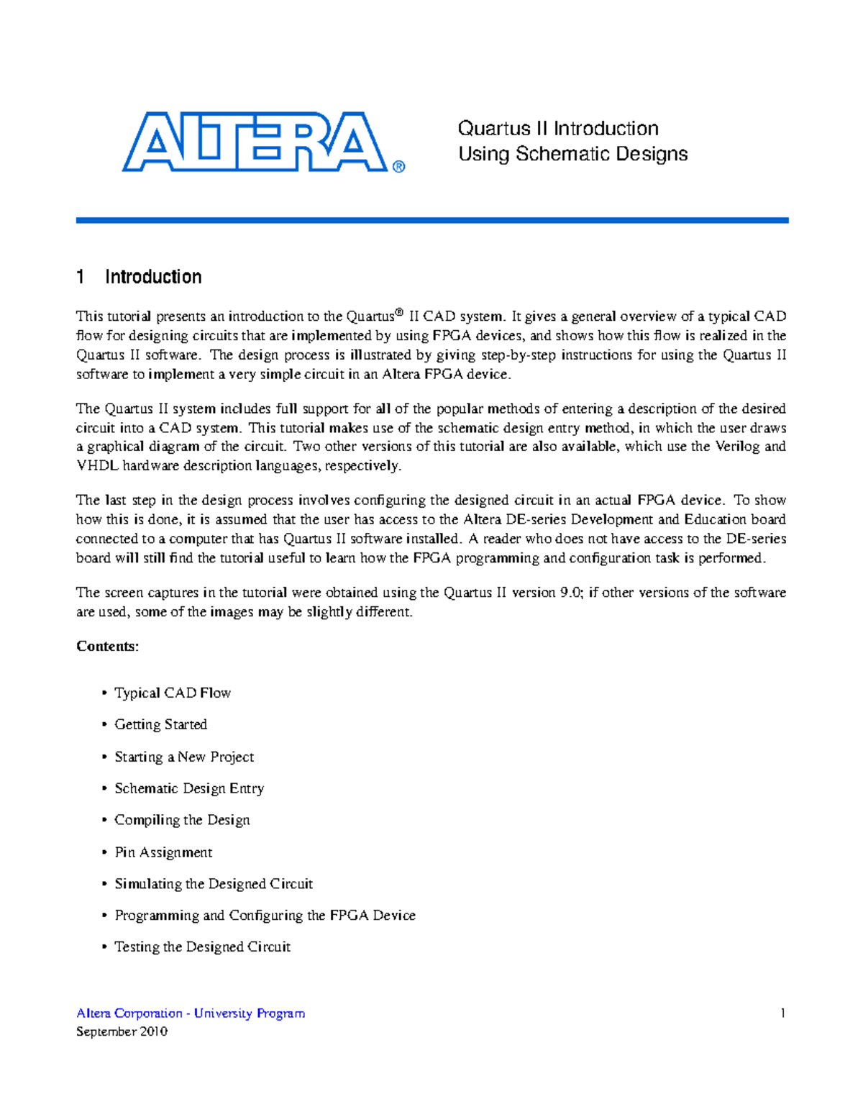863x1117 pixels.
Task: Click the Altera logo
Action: click(255, 142)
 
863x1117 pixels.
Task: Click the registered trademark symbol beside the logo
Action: click(399, 167)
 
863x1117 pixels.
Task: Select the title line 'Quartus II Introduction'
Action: click(558, 129)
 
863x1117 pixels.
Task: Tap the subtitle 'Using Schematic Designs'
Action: click(573, 154)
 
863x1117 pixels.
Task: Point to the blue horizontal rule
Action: click(432, 220)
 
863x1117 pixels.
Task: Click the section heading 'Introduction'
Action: click(153, 277)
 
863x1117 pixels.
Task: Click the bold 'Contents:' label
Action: click(108, 646)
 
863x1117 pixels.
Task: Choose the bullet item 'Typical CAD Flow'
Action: click(173, 693)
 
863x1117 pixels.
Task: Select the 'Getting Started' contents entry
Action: click(161, 724)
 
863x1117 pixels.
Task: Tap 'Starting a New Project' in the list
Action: click(184, 757)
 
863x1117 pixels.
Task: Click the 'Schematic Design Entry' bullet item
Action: click(189, 788)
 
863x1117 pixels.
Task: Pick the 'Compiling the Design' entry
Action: click(182, 820)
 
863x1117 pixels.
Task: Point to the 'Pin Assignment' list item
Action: click(163, 852)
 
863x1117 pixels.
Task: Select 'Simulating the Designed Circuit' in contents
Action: click(214, 884)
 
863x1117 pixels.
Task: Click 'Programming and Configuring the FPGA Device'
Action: click(265, 916)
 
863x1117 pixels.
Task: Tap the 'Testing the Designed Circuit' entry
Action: click(202, 947)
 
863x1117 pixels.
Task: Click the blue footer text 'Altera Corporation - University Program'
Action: click(191, 1013)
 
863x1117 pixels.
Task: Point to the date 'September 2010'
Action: click(122, 1031)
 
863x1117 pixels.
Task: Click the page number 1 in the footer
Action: click(782, 1013)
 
